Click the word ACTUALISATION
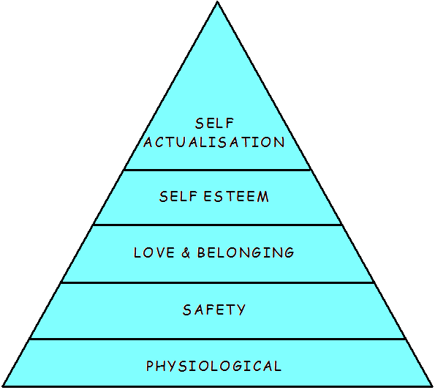[214, 142]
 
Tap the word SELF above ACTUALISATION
[214, 123]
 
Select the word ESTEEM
[236, 197]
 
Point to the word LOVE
[154, 252]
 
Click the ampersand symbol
[186, 252]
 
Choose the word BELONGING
[245, 252]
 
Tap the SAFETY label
[214, 310]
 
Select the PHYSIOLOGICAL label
[214, 366]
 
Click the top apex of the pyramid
[218, 1]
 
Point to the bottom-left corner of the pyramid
[2, 386]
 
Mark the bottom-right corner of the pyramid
[432, 386]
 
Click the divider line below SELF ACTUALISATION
[217, 169]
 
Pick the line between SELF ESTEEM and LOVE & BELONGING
[217, 225]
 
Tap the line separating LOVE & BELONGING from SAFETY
[217, 282]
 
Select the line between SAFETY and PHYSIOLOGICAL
[217, 339]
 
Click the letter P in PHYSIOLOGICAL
[150, 366]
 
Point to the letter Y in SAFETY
[241, 310]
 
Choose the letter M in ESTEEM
[262, 197]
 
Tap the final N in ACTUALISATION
[279, 142]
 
